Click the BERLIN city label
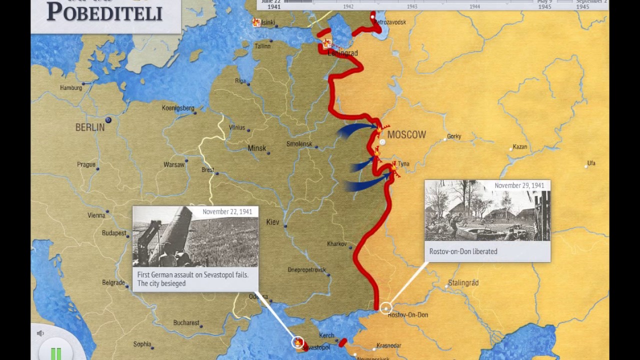pos(90,127)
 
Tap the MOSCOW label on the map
pos(406,135)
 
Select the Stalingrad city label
pos(463,283)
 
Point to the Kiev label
pos(273,222)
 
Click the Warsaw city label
pos(174,164)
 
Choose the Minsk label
pos(257,148)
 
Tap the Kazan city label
pos(520,147)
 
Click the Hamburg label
pos(71,88)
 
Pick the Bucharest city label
pos(186,323)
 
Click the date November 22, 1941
pos(227,212)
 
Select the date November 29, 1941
pos(519,185)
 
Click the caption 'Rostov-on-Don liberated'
pos(463,251)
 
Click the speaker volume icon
pos(40,333)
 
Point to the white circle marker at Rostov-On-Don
pos(385,308)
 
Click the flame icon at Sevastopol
pos(298,342)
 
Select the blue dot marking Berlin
pos(108,120)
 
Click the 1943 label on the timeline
pos(412,6)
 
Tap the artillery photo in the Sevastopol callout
pos(195,237)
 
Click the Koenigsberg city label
pos(178,108)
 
